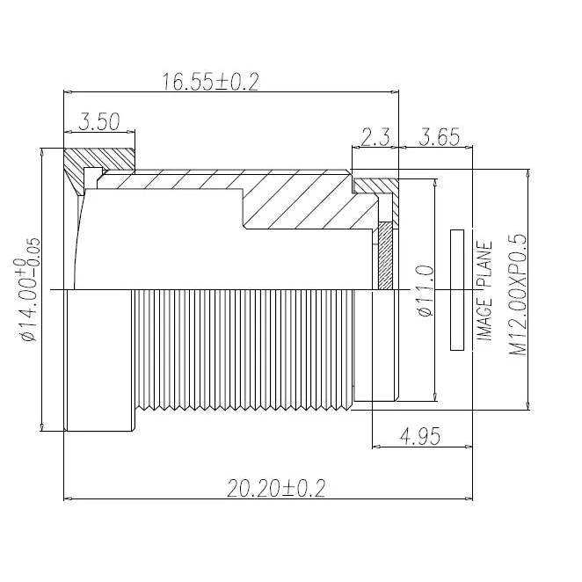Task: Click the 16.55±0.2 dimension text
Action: pyautogui.click(x=210, y=82)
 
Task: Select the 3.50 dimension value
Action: pyautogui.click(x=99, y=121)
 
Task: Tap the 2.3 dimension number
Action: pyautogui.click(x=375, y=137)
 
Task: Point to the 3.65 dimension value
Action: pyautogui.click(x=439, y=137)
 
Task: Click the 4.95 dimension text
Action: pyautogui.click(x=420, y=436)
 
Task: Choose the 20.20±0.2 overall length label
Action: pyautogui.click(x=276, y=488)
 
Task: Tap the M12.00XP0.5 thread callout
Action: pyautogui.click(x=518, y=295)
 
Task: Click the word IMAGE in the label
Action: pyautogui.click(x=484, y=320)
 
